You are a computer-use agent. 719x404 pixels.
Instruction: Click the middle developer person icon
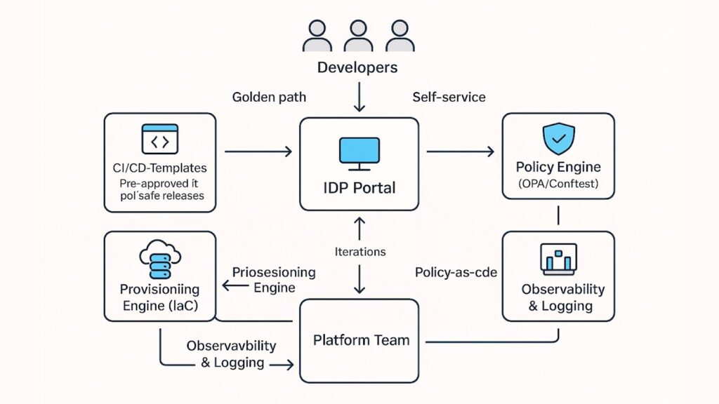point(358,37)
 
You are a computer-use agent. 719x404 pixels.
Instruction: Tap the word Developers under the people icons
point(357,68)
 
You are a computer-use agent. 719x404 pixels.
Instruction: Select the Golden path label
point(269,97)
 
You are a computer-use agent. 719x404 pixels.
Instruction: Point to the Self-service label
point(449,97)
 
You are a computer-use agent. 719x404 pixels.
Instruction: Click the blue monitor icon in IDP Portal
point(359,154)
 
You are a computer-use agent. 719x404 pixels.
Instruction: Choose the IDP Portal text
point(359,188)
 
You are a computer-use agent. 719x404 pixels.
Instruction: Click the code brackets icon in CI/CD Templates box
point(160,140)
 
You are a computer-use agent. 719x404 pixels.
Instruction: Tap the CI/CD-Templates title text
point(160,168)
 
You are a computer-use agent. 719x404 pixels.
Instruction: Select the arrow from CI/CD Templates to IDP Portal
point(258,151)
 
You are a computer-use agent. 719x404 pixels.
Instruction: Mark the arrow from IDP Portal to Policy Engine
point(460,151)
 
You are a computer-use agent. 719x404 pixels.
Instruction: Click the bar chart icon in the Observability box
point(558,259)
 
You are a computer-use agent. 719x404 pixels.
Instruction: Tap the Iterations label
point(359,251)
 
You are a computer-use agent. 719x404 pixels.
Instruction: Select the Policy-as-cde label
point(456,272)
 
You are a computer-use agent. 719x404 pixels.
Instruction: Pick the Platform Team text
point(361,340)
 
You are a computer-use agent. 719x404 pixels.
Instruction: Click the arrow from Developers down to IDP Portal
point(359,97)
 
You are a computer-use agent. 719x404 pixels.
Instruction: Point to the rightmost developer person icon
point(399,37)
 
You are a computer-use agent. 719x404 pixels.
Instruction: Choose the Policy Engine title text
point(558,167)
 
